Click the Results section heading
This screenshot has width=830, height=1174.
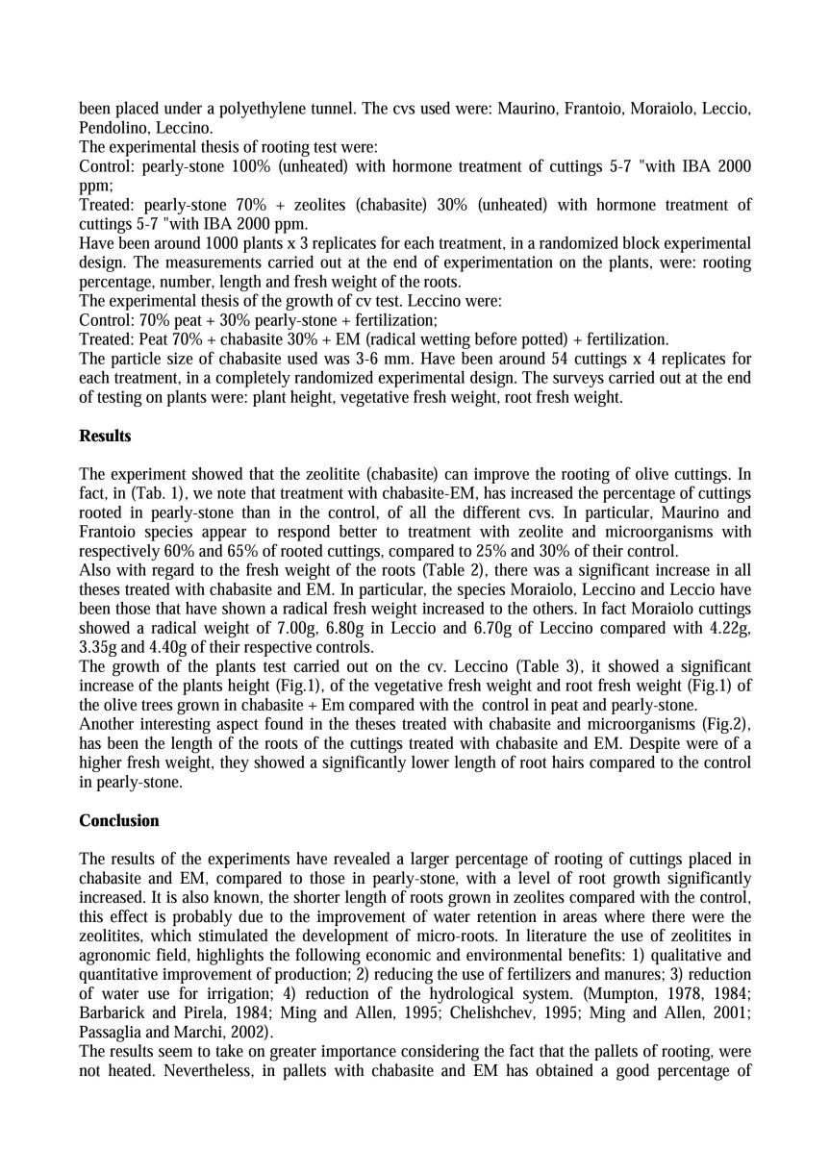point(105,436)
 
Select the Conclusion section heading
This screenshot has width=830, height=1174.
point(119,820)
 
